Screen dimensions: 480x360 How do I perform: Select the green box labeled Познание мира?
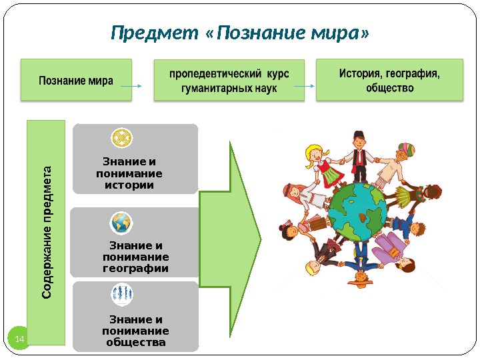click(x=76, y=81)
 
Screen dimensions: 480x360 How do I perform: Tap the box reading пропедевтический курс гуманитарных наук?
click(x=229, y=81)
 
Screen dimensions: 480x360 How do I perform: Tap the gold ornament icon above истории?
click(x=121, y=139)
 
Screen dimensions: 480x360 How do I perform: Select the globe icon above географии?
click(x=121, y=222)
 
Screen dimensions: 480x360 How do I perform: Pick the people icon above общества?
click(x=121, y=293)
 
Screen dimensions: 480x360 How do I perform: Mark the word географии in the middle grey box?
click(x=135, y=268)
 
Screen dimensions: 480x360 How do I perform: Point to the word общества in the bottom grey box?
click(x=135, y=343)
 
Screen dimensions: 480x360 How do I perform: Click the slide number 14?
click(x=19, y=341)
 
